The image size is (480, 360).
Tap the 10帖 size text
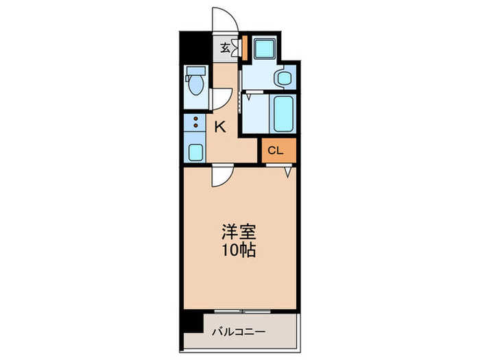point(239,250)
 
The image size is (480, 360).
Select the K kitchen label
point(220,126)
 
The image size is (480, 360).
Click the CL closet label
point(275,150)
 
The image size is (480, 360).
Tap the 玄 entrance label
point(225,48)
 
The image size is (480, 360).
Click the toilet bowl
point(195,87)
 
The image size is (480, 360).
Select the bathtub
point(283,115)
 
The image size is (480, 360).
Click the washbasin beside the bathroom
point(283,79)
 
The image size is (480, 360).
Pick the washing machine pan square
point(263,48)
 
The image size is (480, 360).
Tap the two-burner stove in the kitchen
point(196,124)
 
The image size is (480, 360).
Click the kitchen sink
point(196,152)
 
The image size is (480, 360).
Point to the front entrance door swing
point(224,19)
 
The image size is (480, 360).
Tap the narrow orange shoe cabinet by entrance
point(243,48)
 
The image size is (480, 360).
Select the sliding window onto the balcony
point(242,311)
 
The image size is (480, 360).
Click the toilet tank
point(195,71)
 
